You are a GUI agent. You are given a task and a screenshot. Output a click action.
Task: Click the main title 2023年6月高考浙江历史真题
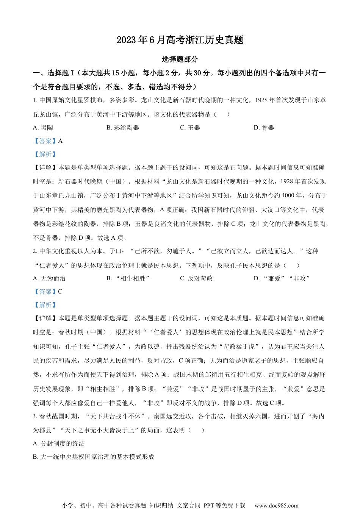click(x=180, y=40)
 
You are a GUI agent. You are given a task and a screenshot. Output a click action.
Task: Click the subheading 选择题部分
click(x=180, y=59)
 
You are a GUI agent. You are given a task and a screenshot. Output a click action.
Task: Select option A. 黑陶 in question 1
click(x=43, y=128)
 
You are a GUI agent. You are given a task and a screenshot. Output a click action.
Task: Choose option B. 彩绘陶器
click(x=123, y=128)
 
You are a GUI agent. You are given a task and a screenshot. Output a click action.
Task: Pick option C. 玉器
click(x=190, y=128)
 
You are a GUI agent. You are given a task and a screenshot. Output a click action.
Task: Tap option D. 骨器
click(x=264, y=128)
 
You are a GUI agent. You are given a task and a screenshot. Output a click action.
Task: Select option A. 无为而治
click(x=49, y=278)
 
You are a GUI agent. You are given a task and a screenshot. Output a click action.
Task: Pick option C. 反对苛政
click(x=196, y=278)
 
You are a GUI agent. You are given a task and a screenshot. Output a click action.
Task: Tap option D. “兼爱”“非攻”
click(x=282, y=278)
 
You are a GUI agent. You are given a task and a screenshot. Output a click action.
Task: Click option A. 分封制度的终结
click(x=59, y=443)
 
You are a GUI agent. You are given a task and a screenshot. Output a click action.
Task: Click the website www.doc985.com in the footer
click(x=276, y=505)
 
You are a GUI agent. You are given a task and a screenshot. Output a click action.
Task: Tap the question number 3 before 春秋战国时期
click(x=35, y=416)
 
